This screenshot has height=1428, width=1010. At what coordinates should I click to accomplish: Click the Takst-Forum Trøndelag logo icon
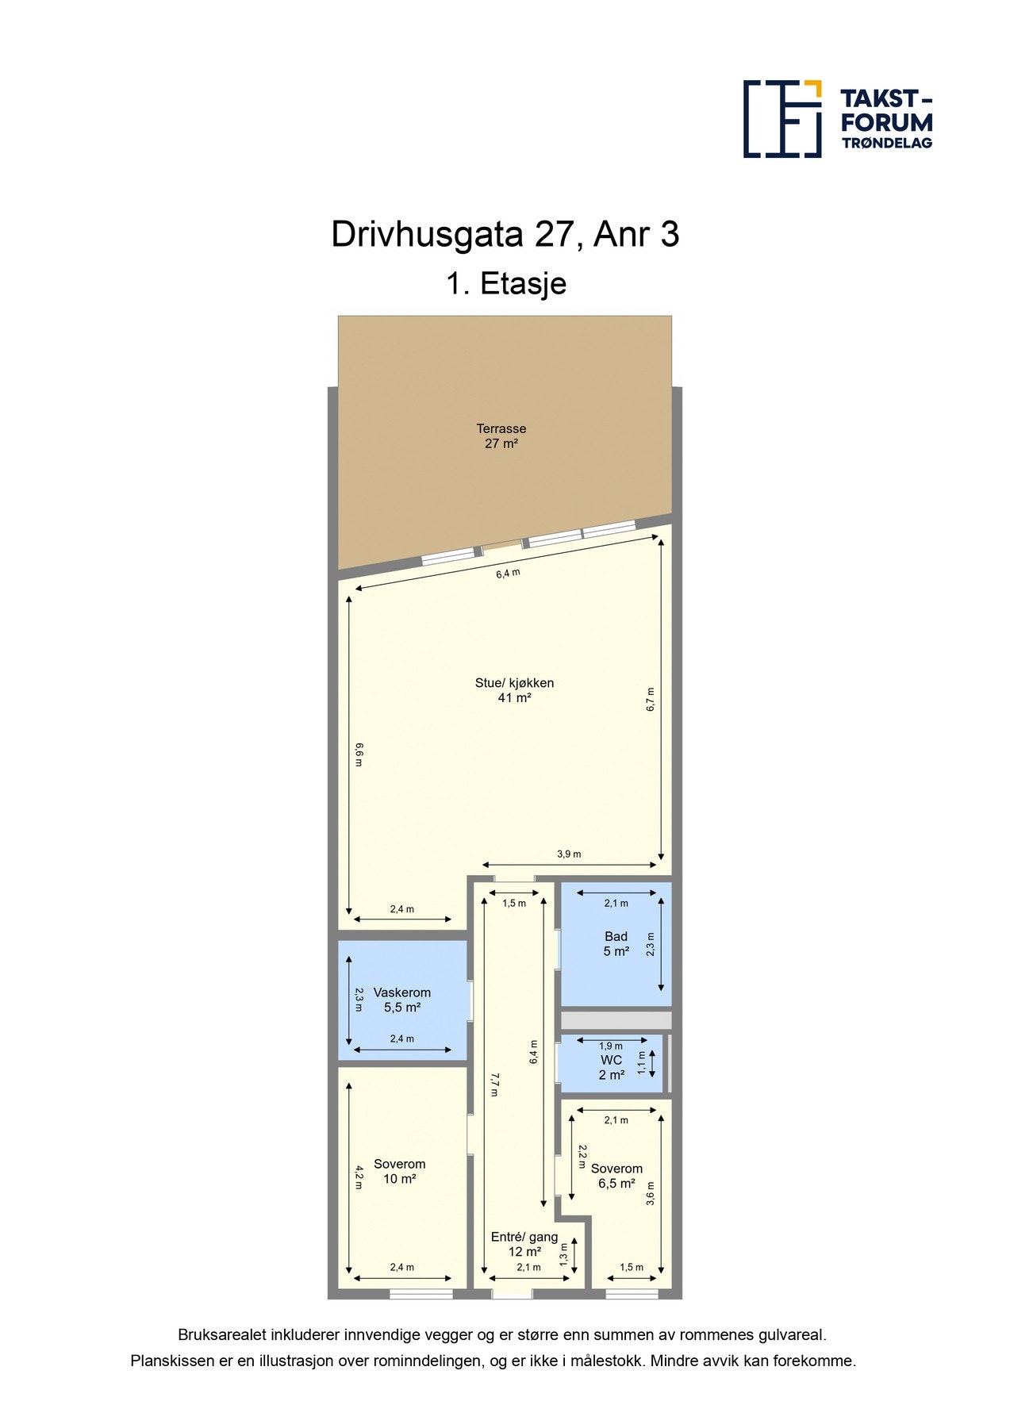coord(782,119)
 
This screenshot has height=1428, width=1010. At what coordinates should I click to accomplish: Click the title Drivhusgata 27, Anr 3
coord(505,235)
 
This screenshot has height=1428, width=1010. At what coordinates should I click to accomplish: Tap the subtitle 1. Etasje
coord(505,283)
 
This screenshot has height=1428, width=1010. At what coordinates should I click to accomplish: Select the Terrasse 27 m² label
coord(501,436)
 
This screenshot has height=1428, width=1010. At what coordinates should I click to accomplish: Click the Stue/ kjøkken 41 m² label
coord(514,690)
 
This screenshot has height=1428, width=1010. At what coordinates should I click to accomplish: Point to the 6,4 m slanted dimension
coord(508,574)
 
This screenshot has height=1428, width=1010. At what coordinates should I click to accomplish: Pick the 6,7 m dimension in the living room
coord(651,699)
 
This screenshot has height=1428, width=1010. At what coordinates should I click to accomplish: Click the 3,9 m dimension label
coord(569,854)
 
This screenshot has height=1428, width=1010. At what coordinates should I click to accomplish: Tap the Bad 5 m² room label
coord(616,944)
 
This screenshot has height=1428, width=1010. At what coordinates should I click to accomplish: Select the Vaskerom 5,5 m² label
coord(402,1000)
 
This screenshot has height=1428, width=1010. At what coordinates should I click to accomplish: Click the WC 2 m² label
coord(611,1067)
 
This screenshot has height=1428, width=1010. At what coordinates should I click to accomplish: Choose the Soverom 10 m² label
coord(399,1171)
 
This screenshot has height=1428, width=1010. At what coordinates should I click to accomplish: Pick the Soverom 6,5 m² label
coord(616,1176)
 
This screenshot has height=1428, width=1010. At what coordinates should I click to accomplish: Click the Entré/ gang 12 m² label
coord(524,1244)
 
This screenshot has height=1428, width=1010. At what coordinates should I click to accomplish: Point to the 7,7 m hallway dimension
coord(493,1084)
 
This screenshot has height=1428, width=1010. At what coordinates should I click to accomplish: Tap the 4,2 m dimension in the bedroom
coord(359,1176)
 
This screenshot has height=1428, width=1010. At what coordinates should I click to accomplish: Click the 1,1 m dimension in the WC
coord(642,1062)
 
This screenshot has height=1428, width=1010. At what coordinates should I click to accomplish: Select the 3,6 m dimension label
coord(651,1193)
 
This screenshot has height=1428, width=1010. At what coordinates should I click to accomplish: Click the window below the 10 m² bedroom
coord(421,1294)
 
